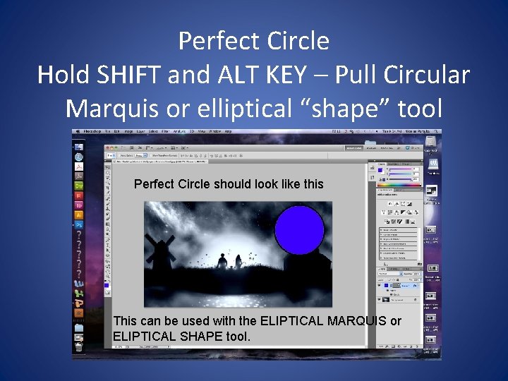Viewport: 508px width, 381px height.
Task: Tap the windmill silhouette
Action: [x=159, y=250]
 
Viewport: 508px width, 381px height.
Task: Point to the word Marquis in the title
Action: [x=112, y=108]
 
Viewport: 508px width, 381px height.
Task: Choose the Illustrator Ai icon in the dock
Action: [x=79, y=214]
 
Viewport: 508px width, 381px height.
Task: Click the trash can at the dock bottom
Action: [x=79, y=346]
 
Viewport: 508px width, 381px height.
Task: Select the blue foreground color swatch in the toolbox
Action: [x=107, y=284]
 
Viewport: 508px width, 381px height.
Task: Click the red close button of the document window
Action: [x=107, y=146]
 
